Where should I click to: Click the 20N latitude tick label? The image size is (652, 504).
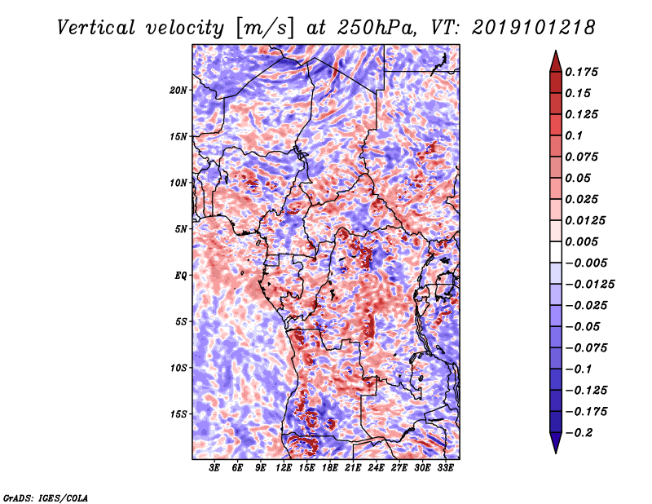[x=178, y=91]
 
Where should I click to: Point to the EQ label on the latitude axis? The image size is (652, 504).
[x=181, y=276]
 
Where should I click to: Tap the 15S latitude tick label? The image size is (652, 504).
[x=178, y=414]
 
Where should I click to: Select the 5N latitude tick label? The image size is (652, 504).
[x=181, y=229]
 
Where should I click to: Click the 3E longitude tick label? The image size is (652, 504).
[x=214, y=468]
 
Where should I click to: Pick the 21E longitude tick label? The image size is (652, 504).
[x=353, y=468]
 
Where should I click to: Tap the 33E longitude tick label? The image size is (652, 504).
[x=445, y=468]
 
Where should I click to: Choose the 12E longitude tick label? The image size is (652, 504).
[x=284, y=468]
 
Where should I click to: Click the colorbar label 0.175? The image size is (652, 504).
[x=582, y=72]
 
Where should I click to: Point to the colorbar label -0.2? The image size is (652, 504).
[x=579, y=433]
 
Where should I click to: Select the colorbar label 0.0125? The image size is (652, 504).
[x=585, y=220]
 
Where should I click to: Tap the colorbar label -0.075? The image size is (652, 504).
[x=586, y=348]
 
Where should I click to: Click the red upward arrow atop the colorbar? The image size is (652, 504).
[x=556, y=62]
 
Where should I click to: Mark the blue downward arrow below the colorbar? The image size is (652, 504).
[x=556, y=442]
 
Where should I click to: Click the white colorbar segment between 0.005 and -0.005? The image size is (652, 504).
[x=556, y=252]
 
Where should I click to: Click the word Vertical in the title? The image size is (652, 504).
[x=96, y=28]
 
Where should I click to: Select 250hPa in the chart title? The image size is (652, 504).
[x=377, y=28]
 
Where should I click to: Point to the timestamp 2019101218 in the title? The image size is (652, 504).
[x=534, y=28]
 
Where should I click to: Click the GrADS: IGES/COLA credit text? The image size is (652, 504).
[x=46, y=497]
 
